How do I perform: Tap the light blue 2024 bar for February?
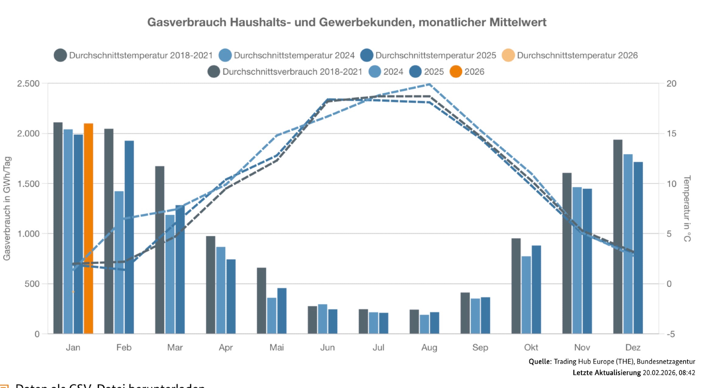[x=119, y=262]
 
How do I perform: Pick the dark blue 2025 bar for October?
[x=536, y=290]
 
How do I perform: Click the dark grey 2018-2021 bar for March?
[x=160, y=250]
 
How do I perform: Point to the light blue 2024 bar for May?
[x=272, y=315]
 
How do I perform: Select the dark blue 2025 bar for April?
[x=231, y=296]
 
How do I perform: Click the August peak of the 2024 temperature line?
[x=429, y=84]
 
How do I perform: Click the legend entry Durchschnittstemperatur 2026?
[x=577, y=55]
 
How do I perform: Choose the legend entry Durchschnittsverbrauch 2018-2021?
[x=292, y=71]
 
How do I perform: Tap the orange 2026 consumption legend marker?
[x=456, y=71]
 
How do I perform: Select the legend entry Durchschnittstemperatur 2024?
[x=294, y=55]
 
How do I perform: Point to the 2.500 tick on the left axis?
[x=28, y=84]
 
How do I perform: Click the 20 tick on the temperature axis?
[x=671, y=84]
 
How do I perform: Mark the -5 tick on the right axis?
[x=670, y=334]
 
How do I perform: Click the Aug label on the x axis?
[x=429, y=347]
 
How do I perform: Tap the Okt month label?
[x=531, y=347]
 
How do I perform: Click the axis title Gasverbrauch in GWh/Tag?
[x=7, y=208]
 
